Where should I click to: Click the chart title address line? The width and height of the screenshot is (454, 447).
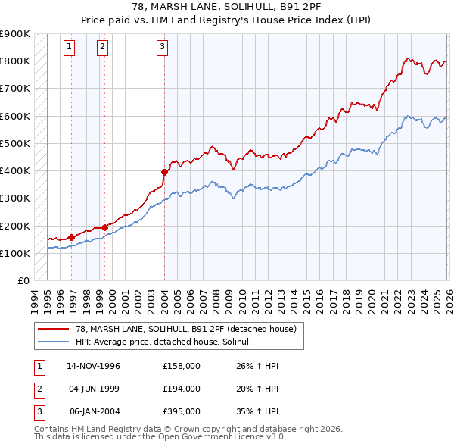pos(226,7)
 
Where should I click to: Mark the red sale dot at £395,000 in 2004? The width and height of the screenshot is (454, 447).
pos(164,172)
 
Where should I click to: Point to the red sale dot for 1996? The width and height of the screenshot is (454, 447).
pos(72,237)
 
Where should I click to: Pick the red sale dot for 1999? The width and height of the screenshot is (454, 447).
pos(104,227)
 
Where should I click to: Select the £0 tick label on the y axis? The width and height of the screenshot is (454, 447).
pos(23,281)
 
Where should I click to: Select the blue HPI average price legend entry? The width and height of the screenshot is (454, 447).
pos(167,342)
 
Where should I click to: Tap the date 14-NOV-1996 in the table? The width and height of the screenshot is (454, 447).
pos(94,366)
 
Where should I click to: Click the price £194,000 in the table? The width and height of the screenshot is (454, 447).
pos(182,389)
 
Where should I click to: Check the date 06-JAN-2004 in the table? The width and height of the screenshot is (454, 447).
pos(94,411)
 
